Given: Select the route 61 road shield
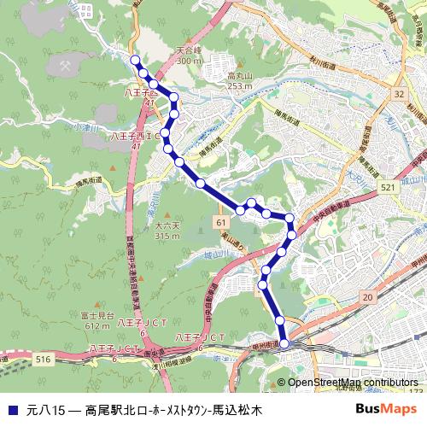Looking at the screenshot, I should pyautogui.click(x=220, y=220).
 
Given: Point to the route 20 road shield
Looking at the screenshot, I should pyautogui.click(x=369, y=295).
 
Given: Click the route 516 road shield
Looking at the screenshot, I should pyautogui.click(x=44, y=361).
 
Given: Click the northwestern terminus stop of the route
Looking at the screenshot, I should pyautogui.click(x=135, y=59).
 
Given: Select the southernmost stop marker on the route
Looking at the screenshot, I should pyautogui.click(x=284, y=344).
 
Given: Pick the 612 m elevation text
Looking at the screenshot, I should pyautogui.click(x=97, y=325).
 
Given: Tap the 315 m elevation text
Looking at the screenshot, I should pyautogui.click(x=167, y=236).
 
